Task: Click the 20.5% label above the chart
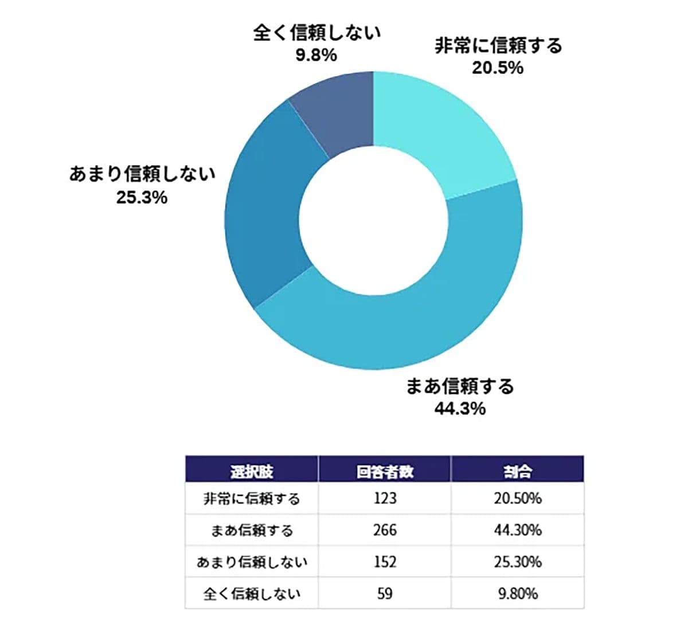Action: pos(498,68)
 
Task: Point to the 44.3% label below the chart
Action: pos(460,408)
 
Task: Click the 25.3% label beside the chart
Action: pos(142,197)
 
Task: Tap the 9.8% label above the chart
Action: pos(316,56)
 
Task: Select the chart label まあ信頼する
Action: pos(460,386)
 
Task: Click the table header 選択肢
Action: pos(251,471)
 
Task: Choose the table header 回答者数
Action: pos(385,471)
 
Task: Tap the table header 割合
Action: pos(517,471)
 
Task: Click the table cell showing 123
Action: pos(385,498)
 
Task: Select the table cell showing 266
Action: pos(385,530)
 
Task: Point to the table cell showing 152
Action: pos(385,561)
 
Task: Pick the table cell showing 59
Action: pos(385,593)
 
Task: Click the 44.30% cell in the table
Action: pos(517,530)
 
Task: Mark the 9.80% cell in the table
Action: pos(517,593)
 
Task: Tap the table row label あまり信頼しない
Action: pos(251,562)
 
